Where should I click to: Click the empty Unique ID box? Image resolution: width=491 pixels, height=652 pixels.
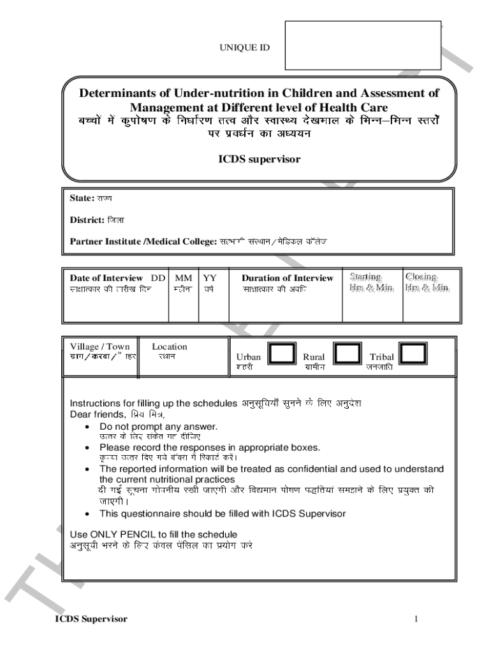click(363, 45)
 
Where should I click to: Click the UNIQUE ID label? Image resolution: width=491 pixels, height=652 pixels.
click(245, 47)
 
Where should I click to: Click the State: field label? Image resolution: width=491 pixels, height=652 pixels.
click(82, 198)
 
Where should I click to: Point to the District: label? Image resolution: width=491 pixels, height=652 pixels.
click(87, 220)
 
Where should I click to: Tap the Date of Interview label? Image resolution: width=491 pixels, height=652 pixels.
click(106, 278)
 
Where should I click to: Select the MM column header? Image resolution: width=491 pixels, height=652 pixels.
click(184, 278)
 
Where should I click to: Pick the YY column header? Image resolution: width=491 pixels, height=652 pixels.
click(209, 278)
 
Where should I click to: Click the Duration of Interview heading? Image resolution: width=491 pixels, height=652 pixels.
click(287, 278)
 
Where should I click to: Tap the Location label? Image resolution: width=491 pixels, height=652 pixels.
click(170, 347)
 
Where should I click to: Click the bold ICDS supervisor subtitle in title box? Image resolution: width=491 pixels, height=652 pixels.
click(259, 159)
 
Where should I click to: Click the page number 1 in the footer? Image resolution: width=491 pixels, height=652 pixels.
click(416, 619)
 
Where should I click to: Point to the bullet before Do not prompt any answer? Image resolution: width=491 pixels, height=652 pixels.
click(87, 427)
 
